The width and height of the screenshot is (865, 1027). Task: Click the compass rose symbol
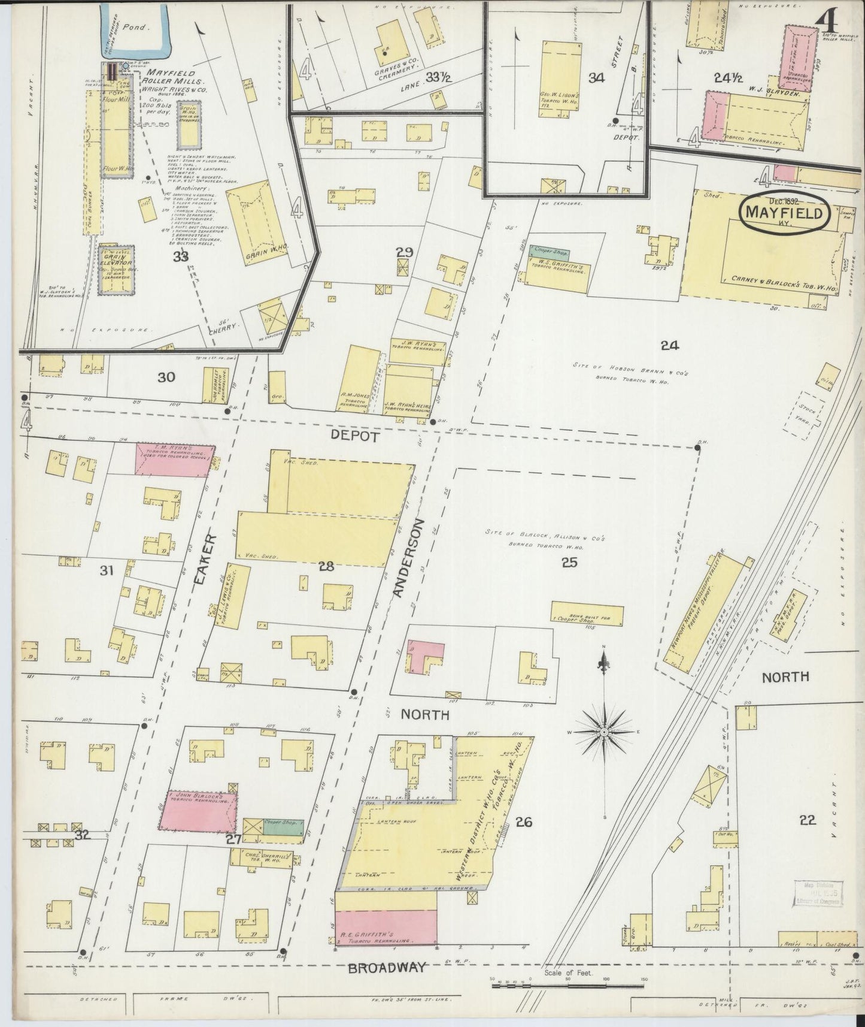click(x=605, y=732)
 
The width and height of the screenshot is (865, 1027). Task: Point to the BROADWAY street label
click(x=387, y=967)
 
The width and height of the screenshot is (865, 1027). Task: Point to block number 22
click(x=808, y=820)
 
